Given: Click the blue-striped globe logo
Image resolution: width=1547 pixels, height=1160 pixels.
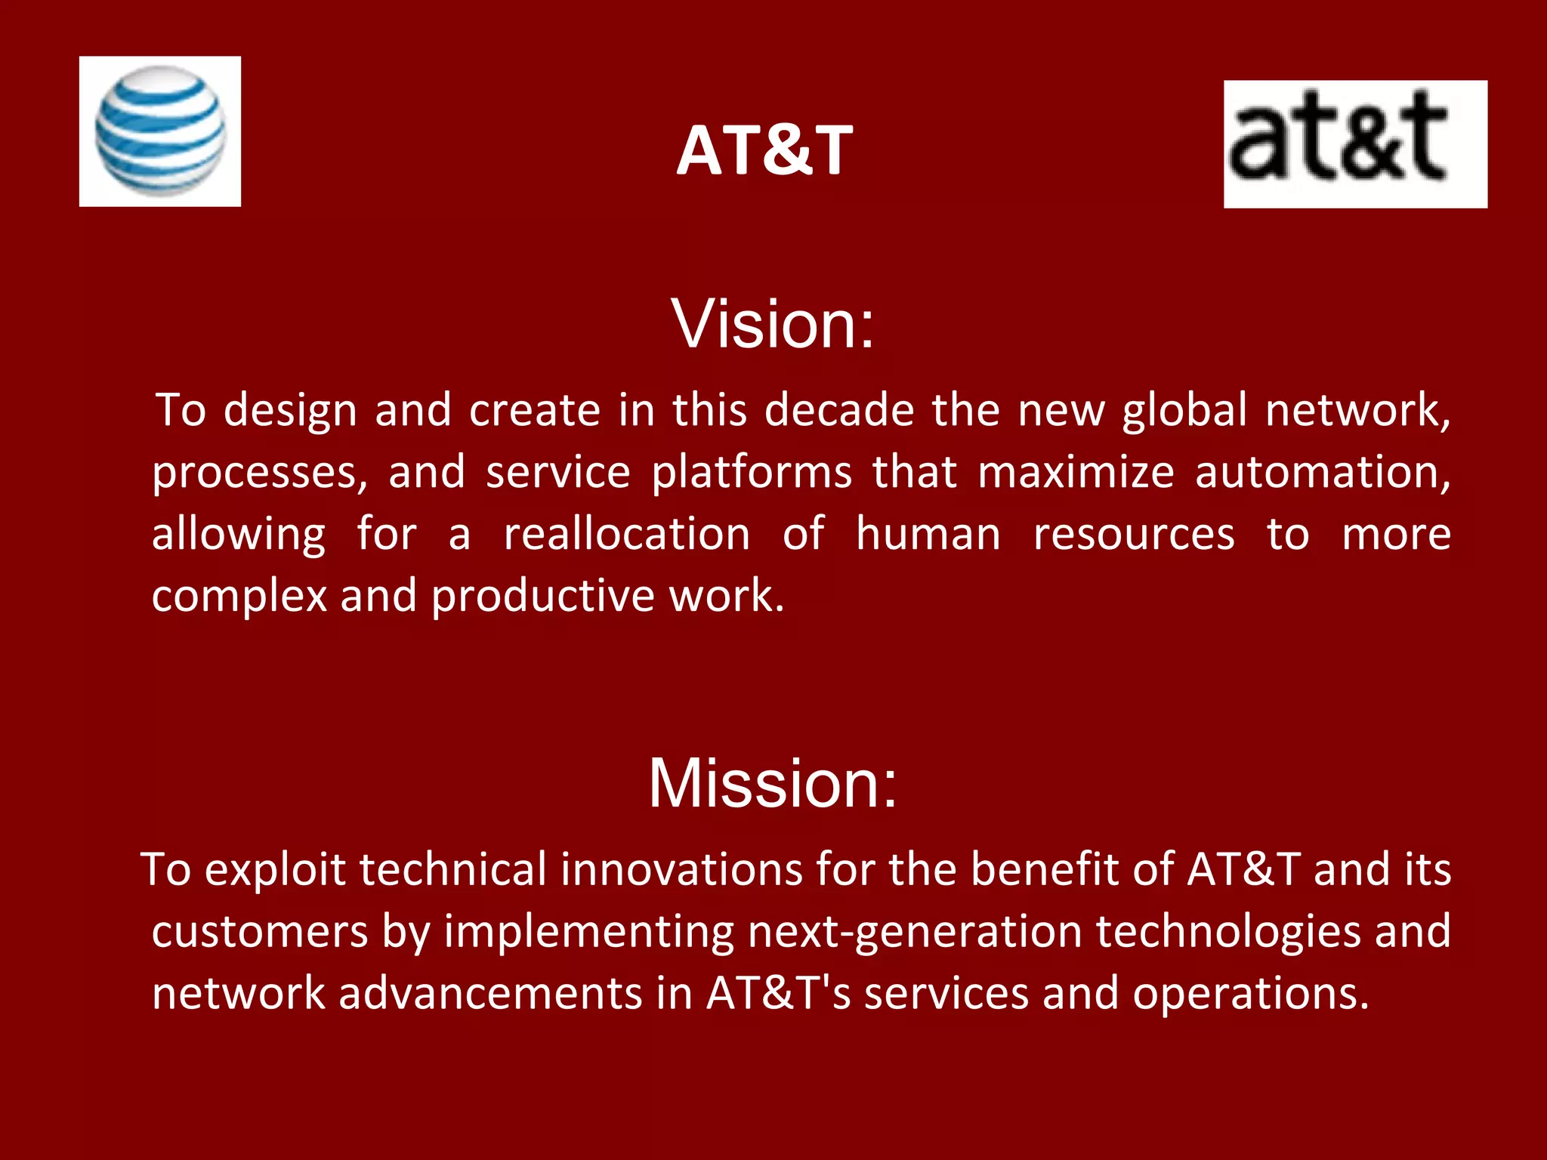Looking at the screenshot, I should (160, 131).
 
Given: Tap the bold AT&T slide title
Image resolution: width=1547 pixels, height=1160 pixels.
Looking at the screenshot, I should (764, 151).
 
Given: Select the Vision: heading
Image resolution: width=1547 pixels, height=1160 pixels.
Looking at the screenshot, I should (772, 325).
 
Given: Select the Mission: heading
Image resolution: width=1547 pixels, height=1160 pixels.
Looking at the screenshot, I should (773, 783).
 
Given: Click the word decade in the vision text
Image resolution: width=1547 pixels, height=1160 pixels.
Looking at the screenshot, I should (839, 411).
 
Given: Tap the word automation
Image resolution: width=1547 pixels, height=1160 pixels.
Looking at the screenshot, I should (1322, 473).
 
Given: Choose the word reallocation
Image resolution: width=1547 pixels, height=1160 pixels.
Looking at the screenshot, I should (627, 535).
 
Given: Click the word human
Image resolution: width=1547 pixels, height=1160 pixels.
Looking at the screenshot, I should (928, 535).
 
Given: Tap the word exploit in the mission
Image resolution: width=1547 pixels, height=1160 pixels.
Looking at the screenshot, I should (275, 870).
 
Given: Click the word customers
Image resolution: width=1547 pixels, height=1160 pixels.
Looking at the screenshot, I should (260, 932).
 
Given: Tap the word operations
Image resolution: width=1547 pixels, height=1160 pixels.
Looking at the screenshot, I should (1250, 994).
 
